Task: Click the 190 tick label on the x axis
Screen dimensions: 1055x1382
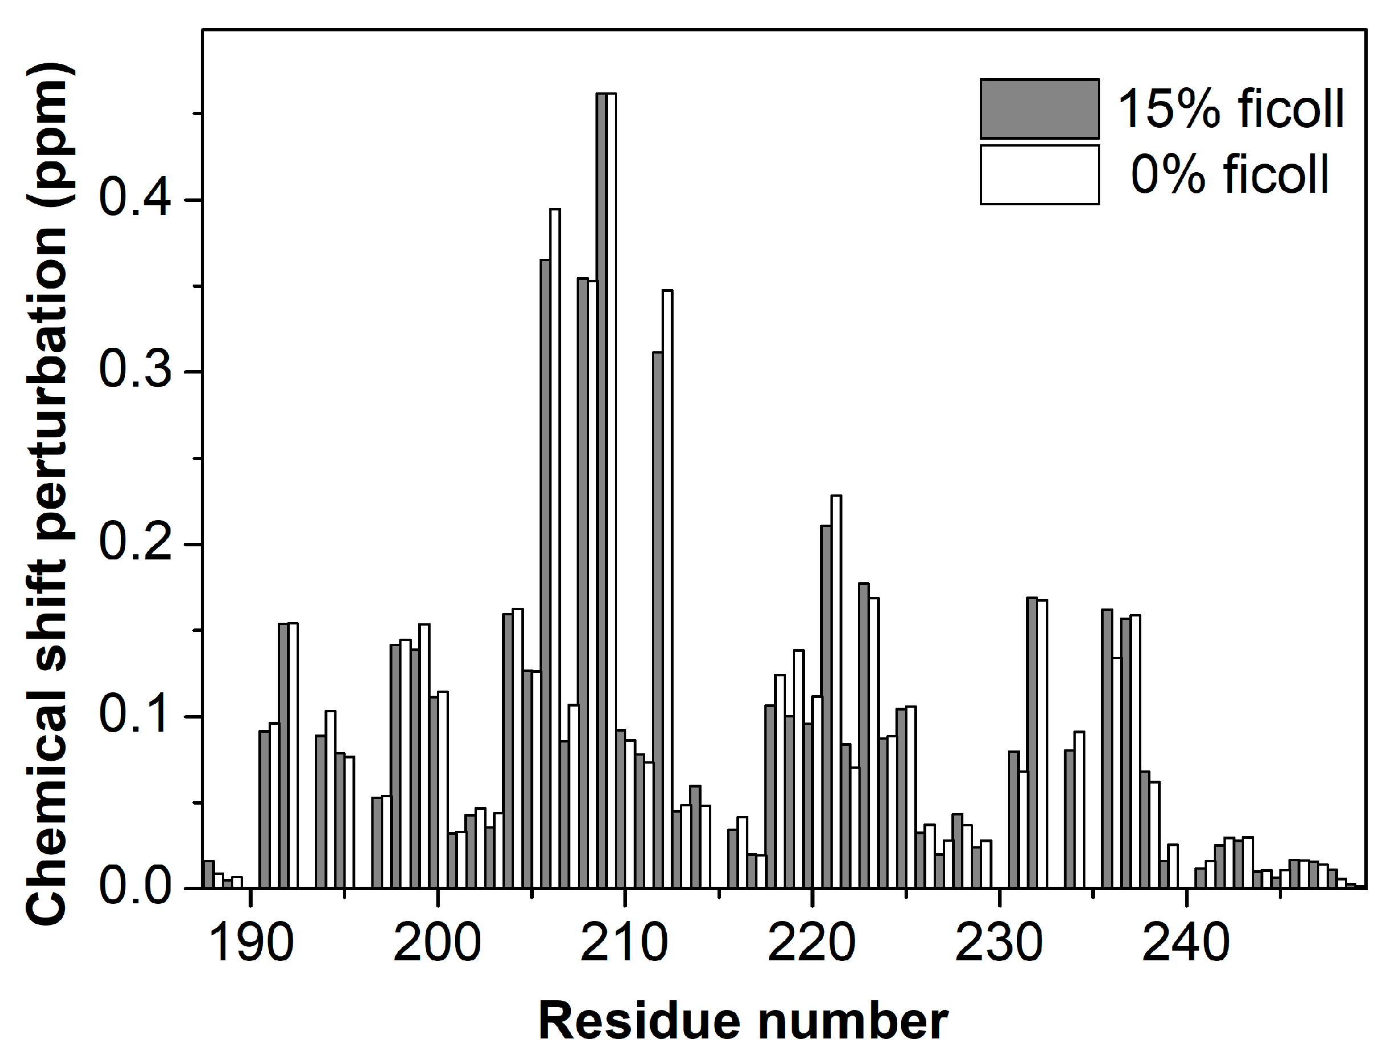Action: pos(250,942)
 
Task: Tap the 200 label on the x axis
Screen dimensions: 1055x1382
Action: pos(437,942)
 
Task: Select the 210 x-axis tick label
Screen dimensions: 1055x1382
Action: pos(624,942)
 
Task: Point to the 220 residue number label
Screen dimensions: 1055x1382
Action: pos(811,942)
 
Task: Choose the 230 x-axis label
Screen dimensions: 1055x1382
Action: pos(998,942)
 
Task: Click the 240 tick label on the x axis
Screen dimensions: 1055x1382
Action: pos(1185,942)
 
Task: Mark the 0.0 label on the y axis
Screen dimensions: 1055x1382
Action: pos(135,886)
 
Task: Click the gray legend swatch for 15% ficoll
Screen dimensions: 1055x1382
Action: pos(1039,109)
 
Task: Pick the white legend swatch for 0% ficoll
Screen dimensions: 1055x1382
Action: pos(1039,175)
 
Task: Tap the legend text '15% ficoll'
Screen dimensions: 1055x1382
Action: pos(1231,109)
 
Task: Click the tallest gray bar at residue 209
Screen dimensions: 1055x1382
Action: pos(601,490)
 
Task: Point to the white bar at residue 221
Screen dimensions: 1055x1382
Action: pos(836,691)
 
